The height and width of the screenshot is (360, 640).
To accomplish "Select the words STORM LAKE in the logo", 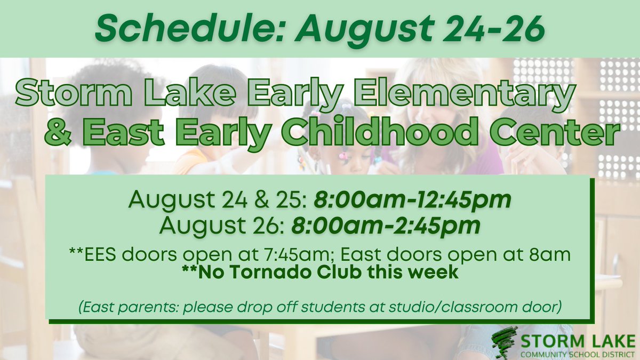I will click(579, 339).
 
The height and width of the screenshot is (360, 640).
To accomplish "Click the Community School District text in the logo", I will click(579, 353).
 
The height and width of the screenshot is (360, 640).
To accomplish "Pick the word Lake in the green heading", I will click(165, 94).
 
